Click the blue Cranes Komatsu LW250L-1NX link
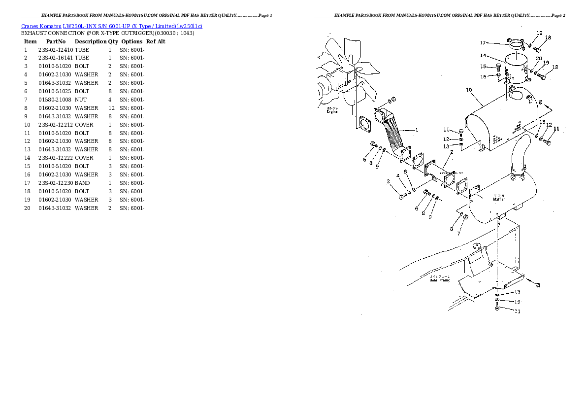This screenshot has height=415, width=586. tap(111, 26)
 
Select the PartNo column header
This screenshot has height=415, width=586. tap(56, 41)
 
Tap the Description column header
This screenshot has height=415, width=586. tap(91, 41)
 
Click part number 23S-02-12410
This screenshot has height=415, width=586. tap(56, 50)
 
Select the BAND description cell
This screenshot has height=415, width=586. tap(82, 183)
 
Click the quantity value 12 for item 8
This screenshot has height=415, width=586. tap(111, 108)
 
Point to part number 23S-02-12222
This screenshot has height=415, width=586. tap(56, 158)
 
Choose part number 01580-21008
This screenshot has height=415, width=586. tap(56, 100)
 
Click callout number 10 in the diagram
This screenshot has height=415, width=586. tap(469, 90)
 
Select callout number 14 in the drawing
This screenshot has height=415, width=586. tap(483, 55)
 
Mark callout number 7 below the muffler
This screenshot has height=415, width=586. tap(458, 234)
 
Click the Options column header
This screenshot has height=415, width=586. tap(131, 41)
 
